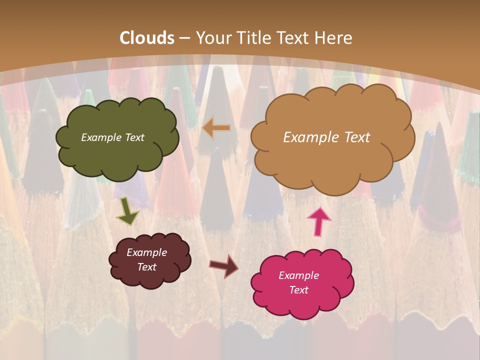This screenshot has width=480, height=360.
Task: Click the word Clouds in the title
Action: tap(147, 38)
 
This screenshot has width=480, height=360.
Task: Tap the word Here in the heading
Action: tap(334, 38)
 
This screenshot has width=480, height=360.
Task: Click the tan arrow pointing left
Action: tap(216, 128)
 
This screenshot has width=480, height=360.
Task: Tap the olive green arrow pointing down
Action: tap(127, 211)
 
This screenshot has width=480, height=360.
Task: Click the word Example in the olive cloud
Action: tap(100, 137)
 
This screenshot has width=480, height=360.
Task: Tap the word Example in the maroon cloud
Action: tap(146, 252)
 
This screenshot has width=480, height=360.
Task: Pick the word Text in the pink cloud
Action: tap(298, 290)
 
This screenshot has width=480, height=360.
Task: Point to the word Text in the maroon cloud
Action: tap(146, 267)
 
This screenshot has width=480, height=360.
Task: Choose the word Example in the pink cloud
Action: tap(298, 275)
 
